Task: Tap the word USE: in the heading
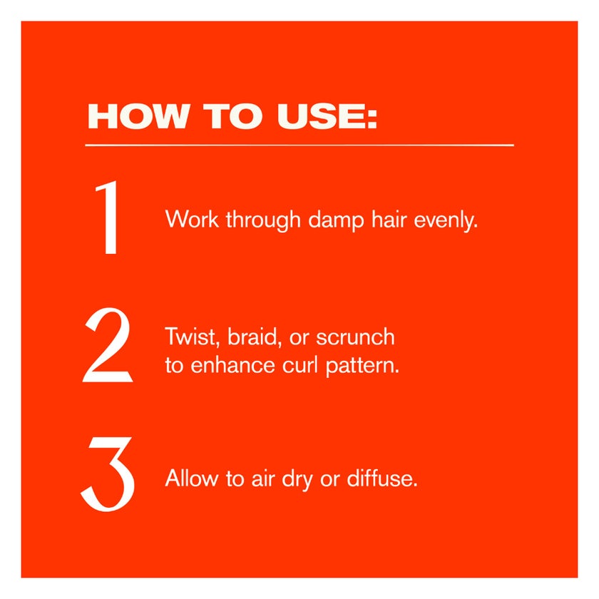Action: tap(327, 116)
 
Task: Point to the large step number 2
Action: tap(108, 344)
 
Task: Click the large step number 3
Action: tap(108, 473)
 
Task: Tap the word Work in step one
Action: tap(192, 220)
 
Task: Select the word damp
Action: tap(336, 221)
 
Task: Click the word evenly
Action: tap(446, 221)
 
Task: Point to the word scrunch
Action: tap(355, 337)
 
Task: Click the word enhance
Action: tap(232, 365)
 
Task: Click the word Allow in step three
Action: tap(191, 478)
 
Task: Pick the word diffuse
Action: tap(382, 478)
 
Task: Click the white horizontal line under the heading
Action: tap(299, 145)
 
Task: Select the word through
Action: tap(264, 221)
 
